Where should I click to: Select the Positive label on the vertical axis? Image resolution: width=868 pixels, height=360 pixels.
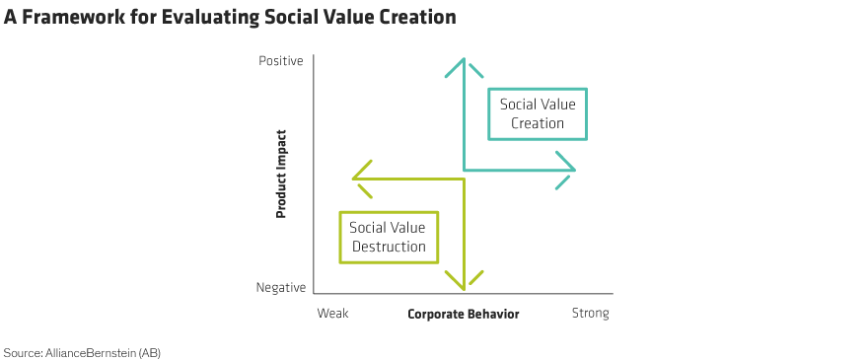click(x=281, y=61)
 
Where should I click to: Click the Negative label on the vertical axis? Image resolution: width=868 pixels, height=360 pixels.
click(x=281, y=287)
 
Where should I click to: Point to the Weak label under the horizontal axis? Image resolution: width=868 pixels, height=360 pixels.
click(x=332, y=314)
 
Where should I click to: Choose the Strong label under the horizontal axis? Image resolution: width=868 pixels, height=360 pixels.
click(x=590, y=314)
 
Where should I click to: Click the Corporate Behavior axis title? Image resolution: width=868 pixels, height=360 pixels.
click(x=464, y=315)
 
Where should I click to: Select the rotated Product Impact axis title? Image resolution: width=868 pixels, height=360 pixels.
click(x=281, y=174)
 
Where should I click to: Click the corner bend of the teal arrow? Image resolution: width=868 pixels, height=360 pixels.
click(x=464, y=170)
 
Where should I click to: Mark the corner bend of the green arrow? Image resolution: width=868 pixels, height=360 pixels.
click(x=464, y=179)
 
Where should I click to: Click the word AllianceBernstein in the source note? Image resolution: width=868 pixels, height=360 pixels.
click(x=89, y=352)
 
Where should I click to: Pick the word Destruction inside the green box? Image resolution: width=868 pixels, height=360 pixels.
click(x=389, y=246)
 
